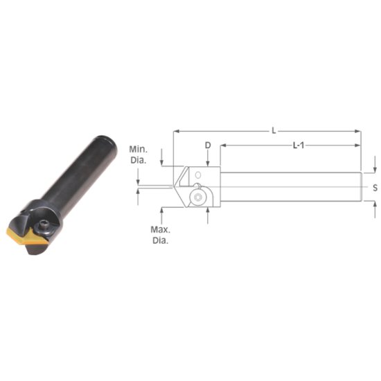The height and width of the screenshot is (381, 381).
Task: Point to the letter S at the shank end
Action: [374, 188]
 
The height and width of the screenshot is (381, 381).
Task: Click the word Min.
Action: [137, 150]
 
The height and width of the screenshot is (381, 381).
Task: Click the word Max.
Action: [160, 229]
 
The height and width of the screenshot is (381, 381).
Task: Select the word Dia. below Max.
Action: [160, 240]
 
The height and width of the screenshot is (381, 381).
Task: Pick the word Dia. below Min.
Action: [137, 161]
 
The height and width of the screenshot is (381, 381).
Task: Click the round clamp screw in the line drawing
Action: [200, 197]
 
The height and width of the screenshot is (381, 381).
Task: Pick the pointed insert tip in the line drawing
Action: [172, 186]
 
